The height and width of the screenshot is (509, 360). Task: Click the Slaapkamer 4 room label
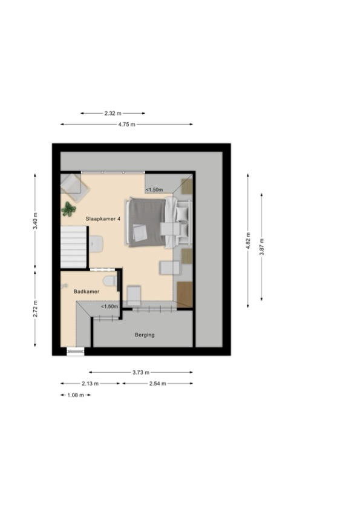click(103, 219)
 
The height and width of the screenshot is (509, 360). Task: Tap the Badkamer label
click(87, 292)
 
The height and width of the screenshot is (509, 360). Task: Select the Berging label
click(145, 335)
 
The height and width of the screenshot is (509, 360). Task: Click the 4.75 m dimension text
click(127, 124)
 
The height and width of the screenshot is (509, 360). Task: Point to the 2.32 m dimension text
click(113, 113)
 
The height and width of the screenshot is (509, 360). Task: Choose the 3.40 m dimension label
click(35, 221)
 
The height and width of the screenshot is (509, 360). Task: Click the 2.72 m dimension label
click(35, 309)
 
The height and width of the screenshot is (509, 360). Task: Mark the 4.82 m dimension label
click(248, 240)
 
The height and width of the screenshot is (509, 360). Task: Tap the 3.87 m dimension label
click(261, 247)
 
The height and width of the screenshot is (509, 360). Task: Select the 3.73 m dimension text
click(141, 372)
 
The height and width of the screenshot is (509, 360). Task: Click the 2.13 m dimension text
click(90, 383)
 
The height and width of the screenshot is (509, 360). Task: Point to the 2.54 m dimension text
click(157, 383)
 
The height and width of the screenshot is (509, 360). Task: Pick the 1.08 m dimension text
click(76, 395)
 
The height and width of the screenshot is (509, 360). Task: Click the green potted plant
click(68, 209)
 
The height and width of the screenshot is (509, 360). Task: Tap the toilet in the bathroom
click(110, 280)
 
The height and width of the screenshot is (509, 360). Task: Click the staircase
click(74, 247)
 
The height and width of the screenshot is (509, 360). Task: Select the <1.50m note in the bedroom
click(154, 189)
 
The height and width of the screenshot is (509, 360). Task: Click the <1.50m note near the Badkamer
click(110, 306)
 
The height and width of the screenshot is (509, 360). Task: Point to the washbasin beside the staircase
click(96, 244)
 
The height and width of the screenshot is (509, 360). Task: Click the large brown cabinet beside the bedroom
click(185, 294)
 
